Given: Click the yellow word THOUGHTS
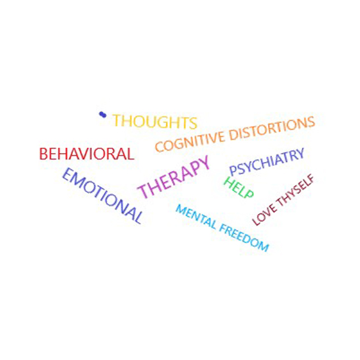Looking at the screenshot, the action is click(155, 121).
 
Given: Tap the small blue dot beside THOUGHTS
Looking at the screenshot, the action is click(103, 114).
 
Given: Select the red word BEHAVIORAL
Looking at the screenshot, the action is click(87, 154).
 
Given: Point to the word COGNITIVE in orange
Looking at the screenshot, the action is click(190, 142).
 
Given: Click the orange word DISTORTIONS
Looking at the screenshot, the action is click(273, 128).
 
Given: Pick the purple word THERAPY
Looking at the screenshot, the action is click(174, 177).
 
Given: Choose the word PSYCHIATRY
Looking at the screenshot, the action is click(267, 161).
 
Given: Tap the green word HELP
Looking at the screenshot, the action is click(239, 188).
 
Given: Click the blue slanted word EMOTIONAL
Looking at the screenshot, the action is click(102, 195).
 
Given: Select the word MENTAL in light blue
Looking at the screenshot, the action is click(196, 217).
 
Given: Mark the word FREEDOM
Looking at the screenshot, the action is click(244, 238).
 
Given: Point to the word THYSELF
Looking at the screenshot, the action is click(295, 190).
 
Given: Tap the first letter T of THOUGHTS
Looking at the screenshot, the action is click(117, 121).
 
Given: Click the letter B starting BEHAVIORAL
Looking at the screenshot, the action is click(43, 154).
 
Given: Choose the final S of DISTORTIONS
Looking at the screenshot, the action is click(311, 122).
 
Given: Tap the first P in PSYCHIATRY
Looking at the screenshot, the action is click(233, 170).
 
